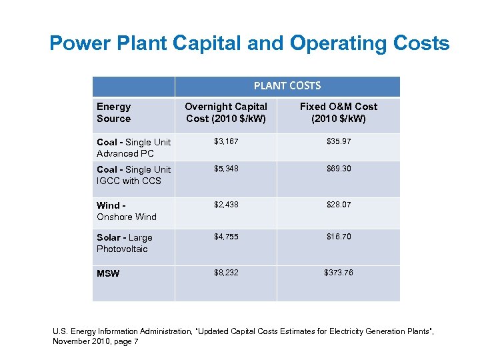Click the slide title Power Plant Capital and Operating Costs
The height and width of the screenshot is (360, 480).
click(249, 44)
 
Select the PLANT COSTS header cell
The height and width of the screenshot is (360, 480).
click(287, 86)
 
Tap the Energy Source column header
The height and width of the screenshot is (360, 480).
click(114, 113)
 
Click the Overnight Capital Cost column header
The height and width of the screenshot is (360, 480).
click(225, 113)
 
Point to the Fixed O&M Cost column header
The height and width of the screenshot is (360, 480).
click(338, 113)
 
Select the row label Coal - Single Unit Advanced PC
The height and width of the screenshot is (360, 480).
click(133, 147)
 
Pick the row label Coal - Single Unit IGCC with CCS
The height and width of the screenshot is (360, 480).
click(133, 175)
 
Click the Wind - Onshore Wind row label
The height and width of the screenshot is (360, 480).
click(127, 211)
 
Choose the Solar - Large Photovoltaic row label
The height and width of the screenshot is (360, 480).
click(125, 243)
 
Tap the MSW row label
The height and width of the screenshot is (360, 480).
click(108, 273)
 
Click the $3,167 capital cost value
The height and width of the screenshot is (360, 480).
click(225, 141)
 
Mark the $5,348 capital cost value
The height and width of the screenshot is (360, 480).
click(225, 169)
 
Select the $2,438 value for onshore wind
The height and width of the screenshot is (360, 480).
click(225, 205)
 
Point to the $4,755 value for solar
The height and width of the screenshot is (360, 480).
click(225, 237)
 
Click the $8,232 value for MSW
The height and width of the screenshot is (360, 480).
click(225, 273)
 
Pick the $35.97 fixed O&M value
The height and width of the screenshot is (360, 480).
click(338, 141)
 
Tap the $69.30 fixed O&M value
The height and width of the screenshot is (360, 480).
click(338, 169)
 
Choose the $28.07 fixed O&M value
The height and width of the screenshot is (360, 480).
click(338, 205)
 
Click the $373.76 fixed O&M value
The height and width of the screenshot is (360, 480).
click(338, 273)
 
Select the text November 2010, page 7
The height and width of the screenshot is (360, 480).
click(96, 341)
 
